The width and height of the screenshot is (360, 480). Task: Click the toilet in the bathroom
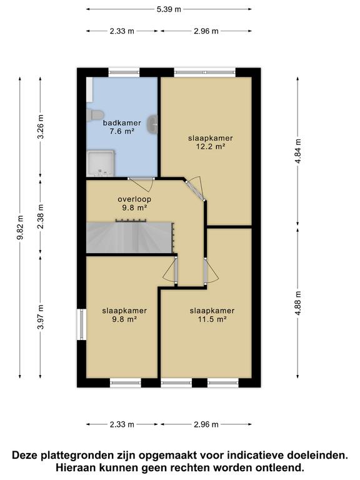coord(95,115)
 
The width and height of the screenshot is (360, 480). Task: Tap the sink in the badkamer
coord(152,124)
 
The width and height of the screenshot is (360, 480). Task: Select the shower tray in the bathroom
coord(101,164)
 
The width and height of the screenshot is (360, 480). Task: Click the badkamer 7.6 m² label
coord(122,127)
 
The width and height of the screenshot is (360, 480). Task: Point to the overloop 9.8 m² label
coord(134,203)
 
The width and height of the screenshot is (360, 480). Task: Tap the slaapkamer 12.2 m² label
coord(210,142)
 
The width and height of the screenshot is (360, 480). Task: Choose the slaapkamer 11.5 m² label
coord(212,315)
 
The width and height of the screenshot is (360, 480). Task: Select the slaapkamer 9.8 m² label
coord(124,315)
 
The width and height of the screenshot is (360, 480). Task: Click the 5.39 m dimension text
coord(169,9)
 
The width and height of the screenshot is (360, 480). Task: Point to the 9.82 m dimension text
coord(20,227)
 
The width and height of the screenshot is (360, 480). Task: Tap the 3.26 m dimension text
coord(41,126)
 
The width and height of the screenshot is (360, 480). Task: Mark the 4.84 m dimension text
coord(298,151)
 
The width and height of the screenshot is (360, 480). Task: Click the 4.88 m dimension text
coord(298,302)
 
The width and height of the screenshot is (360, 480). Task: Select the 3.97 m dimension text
coord(41,317)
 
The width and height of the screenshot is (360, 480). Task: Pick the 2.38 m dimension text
coord(41,216)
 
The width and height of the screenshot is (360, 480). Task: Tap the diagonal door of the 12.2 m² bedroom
coord(195,188)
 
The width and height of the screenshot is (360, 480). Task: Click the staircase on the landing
coord(130,237)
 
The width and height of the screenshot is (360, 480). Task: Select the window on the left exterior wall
coord(81,324)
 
